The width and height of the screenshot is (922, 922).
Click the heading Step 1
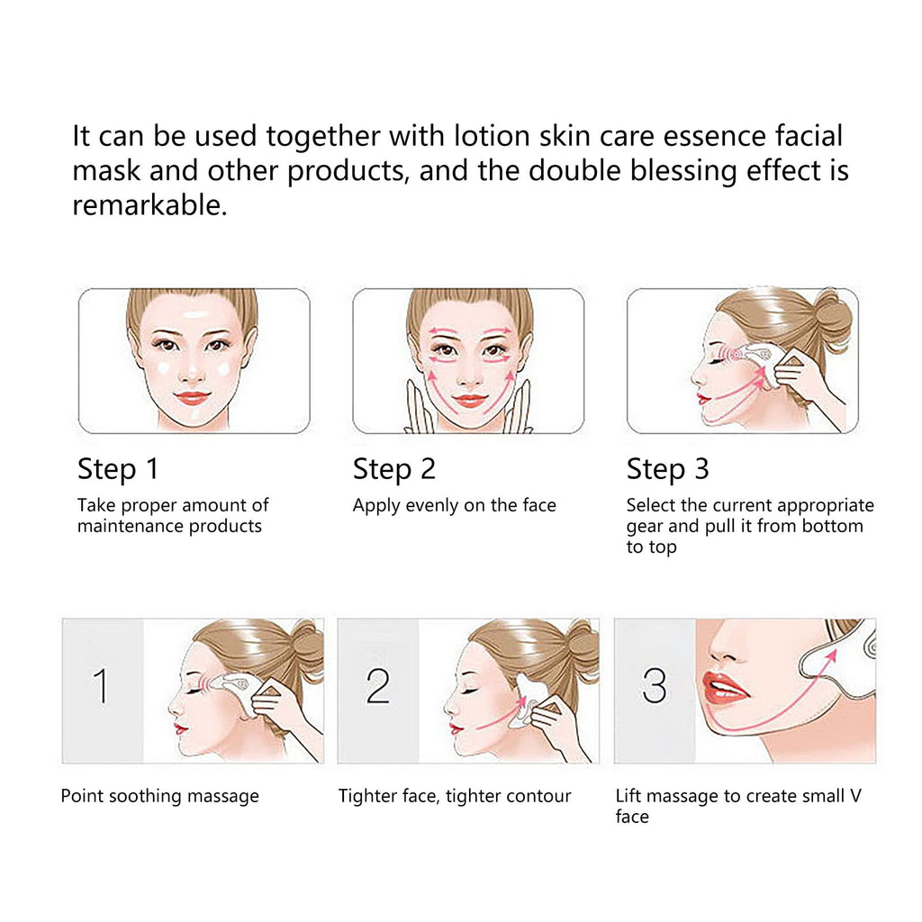[118, 469]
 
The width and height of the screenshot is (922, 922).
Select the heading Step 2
[393, 469]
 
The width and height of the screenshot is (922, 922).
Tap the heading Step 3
[667, 469]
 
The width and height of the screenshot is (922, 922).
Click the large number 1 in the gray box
[101, 687]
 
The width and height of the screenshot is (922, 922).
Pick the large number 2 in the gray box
[378, 687]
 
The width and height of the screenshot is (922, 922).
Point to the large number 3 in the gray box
[655, 687]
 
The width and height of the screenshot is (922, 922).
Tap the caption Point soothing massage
[159, 796]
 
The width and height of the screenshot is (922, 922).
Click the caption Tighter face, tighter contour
[455, 796]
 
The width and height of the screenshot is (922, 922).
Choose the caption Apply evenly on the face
[454, 505]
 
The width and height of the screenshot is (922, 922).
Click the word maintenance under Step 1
[131, 526]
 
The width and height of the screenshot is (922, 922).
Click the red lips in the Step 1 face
[193, 397]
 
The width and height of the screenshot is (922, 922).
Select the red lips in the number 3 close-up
[725, 689]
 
